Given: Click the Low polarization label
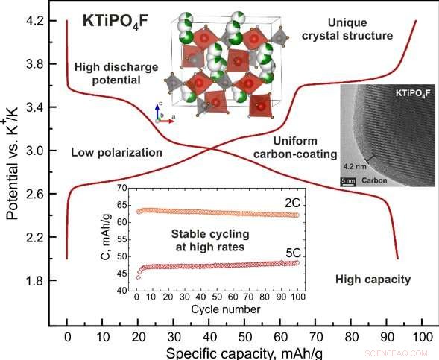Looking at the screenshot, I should (x=116, y=152).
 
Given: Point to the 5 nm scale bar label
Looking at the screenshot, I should (x=348, y=180).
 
